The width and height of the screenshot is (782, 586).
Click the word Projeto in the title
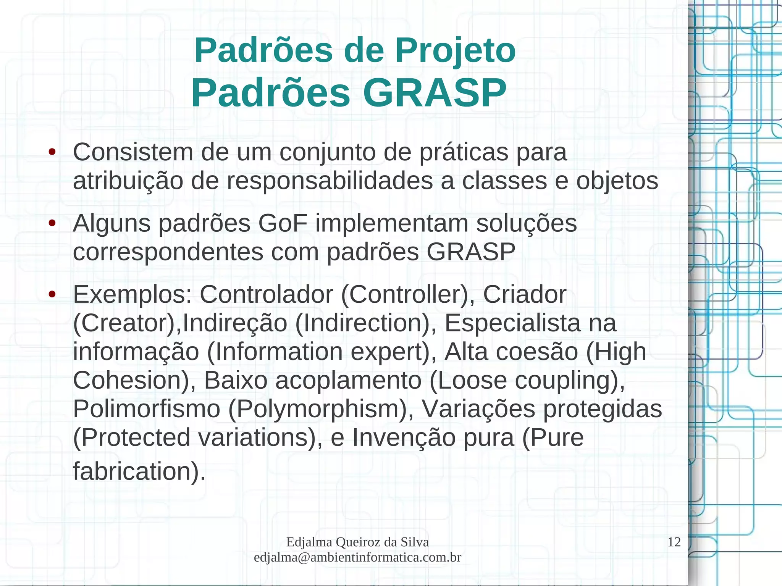455,51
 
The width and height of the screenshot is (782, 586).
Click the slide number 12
674,542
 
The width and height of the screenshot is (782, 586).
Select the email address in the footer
357,557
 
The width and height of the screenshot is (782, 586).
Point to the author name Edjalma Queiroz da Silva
357,542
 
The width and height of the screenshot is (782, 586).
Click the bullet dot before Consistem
52,152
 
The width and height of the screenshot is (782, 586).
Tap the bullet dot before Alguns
52,223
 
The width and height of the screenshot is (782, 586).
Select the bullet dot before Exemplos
52,294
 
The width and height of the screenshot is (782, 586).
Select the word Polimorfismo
147,409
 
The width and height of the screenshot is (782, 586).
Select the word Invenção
404,437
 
